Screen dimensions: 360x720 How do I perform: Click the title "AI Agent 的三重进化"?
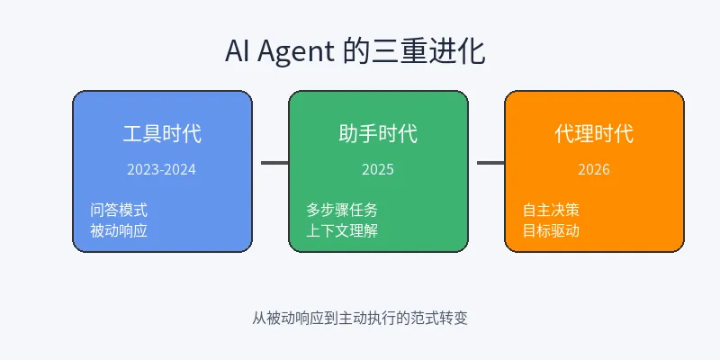point(355,50)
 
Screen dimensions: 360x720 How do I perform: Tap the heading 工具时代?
point(162,134)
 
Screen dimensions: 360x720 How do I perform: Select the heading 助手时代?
point(378,134)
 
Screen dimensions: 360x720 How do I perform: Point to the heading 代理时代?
point(594,134)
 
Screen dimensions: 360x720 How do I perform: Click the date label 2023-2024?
point(162,169)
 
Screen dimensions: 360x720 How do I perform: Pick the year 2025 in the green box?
point(378,169)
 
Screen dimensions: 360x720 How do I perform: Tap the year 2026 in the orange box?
point(594,169)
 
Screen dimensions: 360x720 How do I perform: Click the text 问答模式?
point(119,210)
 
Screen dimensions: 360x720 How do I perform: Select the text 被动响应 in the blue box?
point(119,229)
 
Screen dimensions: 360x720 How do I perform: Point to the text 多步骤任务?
point(342,210)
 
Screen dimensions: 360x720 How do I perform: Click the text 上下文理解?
point(342,229)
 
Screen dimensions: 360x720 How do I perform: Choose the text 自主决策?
point(551,210)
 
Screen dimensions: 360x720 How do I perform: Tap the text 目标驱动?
point(551,229)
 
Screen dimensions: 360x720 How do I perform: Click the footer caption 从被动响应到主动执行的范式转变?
point(360,318)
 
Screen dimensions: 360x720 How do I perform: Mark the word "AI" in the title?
point(238,51)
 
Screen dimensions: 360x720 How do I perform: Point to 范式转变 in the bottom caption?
point(440,318)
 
